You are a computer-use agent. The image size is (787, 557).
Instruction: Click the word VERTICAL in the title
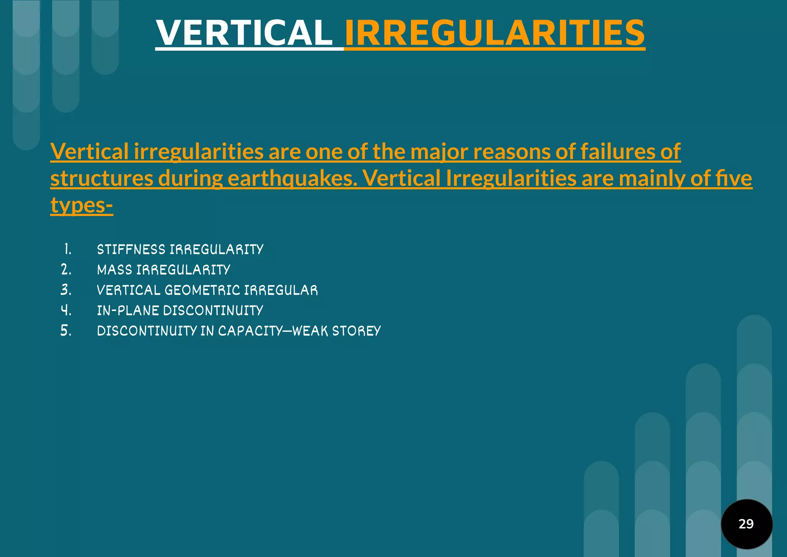(244, 33)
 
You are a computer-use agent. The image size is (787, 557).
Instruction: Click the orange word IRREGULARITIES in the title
(495, 33)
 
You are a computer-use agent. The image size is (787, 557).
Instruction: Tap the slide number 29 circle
(746, 524)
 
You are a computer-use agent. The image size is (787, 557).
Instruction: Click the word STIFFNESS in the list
(131, 249)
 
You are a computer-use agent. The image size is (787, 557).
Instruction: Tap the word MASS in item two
(115, 270)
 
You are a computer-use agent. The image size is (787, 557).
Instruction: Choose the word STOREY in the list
(356, 331)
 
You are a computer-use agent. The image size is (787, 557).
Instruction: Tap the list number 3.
(66, 290)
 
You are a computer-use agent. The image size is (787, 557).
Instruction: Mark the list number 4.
(66, 310)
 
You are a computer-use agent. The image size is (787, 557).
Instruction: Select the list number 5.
(66, 331)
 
